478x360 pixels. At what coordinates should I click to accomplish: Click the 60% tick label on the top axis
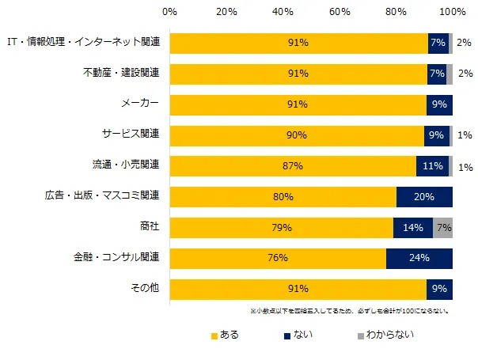(x=340, y=12)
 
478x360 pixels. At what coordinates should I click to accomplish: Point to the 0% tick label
(x=169, y=12)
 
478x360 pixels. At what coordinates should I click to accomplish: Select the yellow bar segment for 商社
(x=282, y=228)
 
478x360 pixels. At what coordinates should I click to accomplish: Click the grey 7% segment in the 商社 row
(x=442, y=228)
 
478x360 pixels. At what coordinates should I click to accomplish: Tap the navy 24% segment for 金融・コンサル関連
(x=419, y=259)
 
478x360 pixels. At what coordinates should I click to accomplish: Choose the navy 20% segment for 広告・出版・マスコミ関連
(x=424, y=197)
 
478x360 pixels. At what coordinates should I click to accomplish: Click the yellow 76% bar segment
(x=278, y=259)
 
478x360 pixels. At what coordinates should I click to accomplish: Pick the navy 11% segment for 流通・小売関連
(x=433, y=166)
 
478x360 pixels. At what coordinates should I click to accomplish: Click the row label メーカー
(x=140, y=103)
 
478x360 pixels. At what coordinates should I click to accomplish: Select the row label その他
(x=145, y=287)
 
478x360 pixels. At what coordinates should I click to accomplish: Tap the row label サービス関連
(x=131, y=134)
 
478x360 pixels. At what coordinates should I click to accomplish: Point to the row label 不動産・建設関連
(x=121, y=73)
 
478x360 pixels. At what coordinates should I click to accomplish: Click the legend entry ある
(x=225, y=335)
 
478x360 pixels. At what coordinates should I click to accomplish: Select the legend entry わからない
(x=385, y=335)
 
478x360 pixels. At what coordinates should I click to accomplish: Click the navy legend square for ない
(x=287, y=336)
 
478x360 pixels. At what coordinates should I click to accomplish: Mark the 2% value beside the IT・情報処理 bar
(x=464, y=43)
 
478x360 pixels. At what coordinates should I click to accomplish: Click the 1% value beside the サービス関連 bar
(x=465, y=135)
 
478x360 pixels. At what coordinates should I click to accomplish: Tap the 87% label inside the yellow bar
(x=293, y=166)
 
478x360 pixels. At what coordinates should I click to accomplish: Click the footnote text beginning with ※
(x=350, y=311)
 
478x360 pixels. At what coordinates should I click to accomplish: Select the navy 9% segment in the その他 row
(x=439, y=290)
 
